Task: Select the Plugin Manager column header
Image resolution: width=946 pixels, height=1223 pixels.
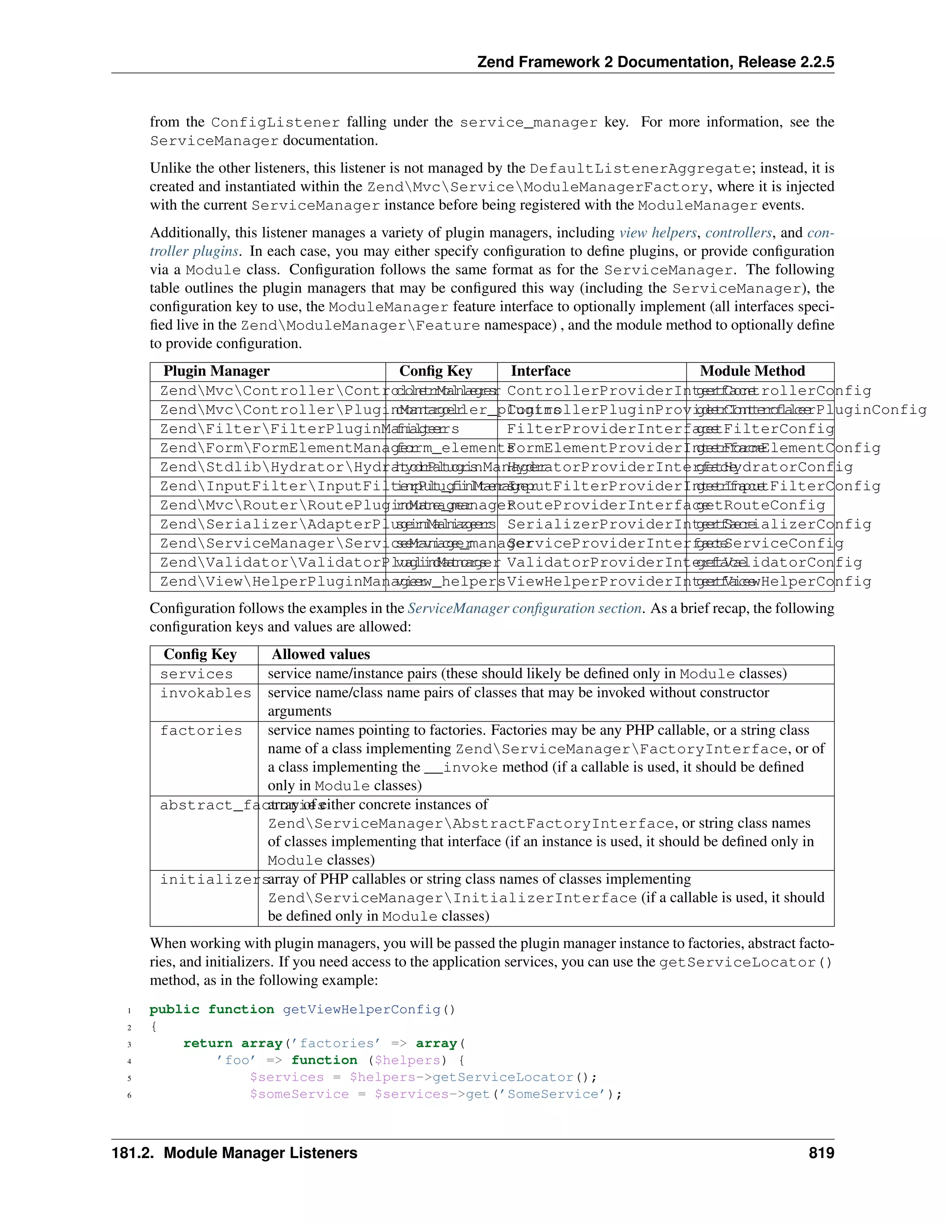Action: (216, 371)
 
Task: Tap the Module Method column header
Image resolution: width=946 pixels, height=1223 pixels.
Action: (752, 371)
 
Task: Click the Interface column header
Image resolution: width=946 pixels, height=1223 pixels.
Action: (540, 371)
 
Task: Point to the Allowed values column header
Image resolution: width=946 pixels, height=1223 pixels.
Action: (321, 654)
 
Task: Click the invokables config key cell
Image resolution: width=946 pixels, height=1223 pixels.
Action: (205, 693)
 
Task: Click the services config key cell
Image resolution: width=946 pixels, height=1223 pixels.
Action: (196, 674)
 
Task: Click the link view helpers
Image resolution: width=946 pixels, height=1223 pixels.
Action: (658, 233)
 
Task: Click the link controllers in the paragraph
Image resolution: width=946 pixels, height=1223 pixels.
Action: (738, 233)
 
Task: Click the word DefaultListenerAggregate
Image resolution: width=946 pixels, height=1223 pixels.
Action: (640, 168)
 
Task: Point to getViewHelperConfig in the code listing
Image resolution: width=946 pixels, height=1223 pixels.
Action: (362, 1010)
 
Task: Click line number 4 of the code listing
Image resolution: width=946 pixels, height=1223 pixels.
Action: (129, 1061)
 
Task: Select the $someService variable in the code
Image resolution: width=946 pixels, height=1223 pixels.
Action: (299, 1094)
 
